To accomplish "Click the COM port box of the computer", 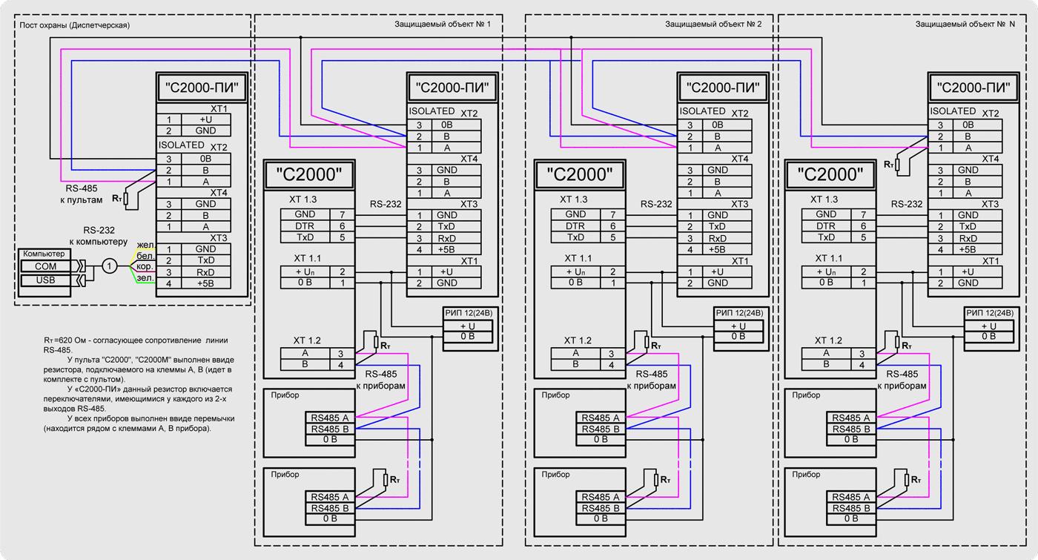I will tap(45, 266).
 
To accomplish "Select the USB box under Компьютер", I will tap(45, 280).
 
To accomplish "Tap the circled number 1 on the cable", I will tap(109, 266).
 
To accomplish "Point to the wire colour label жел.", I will tap(145, 244).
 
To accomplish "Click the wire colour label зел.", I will tap(145, 278).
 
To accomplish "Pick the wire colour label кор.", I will tap(145, 266).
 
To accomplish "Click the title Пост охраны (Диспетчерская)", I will tap(74, 25).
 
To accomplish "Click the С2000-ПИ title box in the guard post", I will tap(202, 88).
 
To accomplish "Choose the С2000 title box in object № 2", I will tap(580, 175).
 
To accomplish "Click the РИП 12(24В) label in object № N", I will tap(989, 313).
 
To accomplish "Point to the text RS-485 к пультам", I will tap(82, 194).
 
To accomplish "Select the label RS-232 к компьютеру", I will tap(99, 236).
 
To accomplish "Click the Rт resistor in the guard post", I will tap(126, 199).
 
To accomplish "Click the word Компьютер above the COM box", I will tap(44, 254).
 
